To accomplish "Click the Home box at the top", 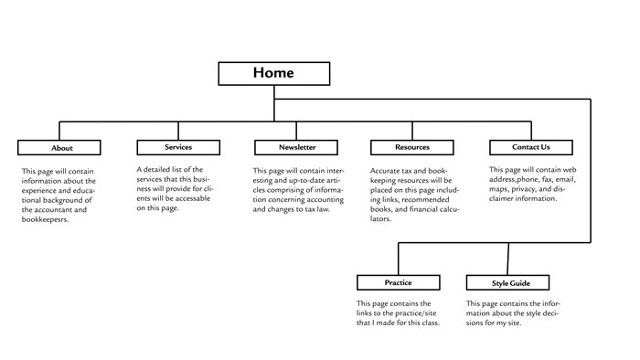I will pyautogui.click(x=274, y=73).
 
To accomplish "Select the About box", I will pyautogui.click(x=62, y=147).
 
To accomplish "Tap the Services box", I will pyautogui.click(x=178, y=147).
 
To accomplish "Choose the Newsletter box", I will pyautogui.click(x=297, y=147).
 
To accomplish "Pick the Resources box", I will pyautogui.click(x=412, y=147).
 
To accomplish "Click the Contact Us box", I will pyautogui.click(x=531, y=147).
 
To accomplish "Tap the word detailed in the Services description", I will pyautogui.click(x=160, y=170).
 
